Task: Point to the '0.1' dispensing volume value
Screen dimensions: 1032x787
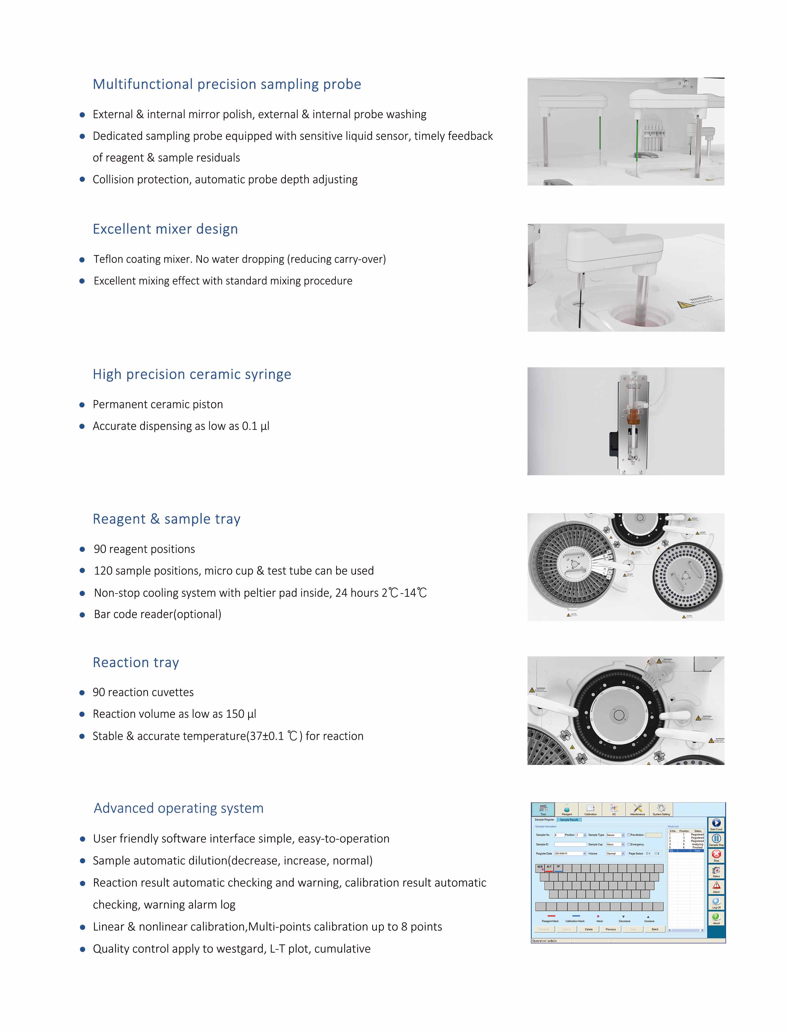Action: coord(249,426)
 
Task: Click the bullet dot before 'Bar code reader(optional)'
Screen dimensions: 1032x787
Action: coord(82,615)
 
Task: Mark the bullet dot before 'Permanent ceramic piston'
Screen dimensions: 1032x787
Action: coord(82,405)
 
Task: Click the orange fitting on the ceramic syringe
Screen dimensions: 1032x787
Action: coord(633,416)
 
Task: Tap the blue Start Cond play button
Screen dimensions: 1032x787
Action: coord(716,823)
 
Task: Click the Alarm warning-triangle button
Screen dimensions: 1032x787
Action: coord(716,886)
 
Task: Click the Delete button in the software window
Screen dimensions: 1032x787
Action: coord(588,929)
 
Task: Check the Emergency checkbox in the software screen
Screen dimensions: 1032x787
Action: coord(629,844)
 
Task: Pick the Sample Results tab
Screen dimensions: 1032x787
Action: coord(569,820)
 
